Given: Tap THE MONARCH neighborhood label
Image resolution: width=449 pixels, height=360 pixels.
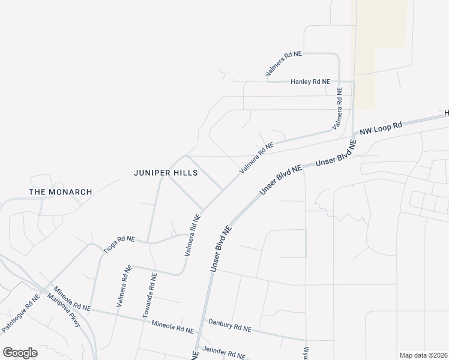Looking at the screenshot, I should [61, 192].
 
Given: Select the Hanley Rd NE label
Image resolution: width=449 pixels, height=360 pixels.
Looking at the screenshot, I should [310, 82].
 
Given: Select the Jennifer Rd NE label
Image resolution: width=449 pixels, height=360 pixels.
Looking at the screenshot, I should [224, 352].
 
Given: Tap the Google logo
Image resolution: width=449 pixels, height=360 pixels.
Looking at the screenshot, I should [20, 353].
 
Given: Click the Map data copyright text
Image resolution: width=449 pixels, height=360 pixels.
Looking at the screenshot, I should [423, 355].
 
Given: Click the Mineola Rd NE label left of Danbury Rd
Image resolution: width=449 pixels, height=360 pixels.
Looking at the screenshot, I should [173, 328].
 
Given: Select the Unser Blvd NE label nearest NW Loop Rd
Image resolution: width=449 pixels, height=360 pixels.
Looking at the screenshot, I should [336, 153].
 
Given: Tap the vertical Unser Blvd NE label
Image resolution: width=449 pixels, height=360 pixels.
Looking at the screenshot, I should [220, 248].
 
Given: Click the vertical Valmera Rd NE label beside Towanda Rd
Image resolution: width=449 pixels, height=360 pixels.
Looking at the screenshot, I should [123, 286].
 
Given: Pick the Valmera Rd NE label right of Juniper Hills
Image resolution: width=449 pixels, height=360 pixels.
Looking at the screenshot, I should [256, 158].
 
